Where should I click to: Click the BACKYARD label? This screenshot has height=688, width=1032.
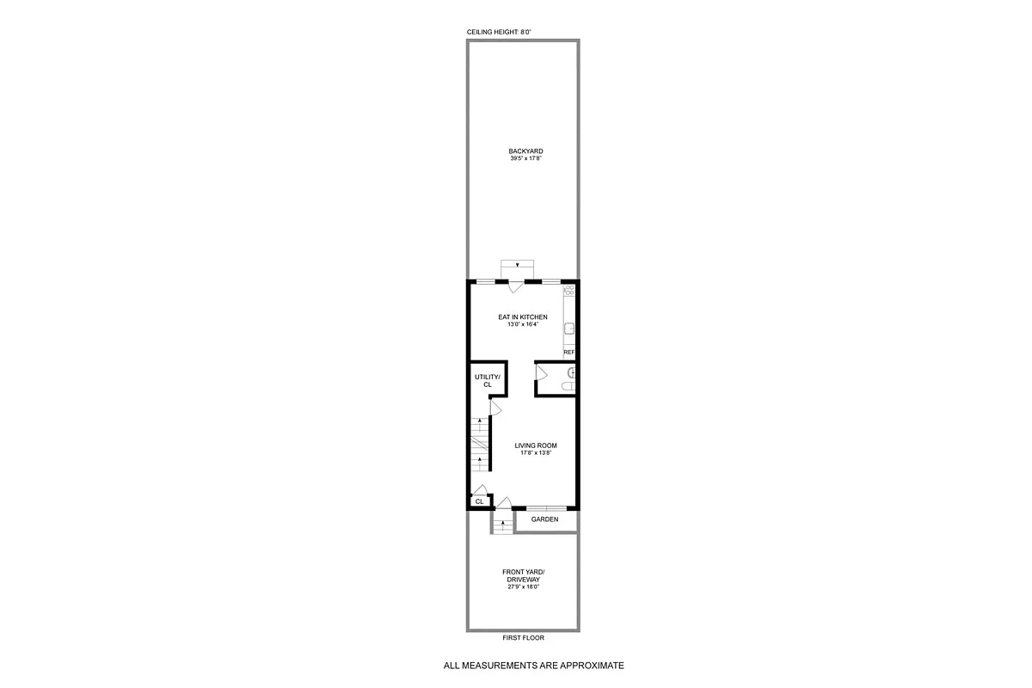tap(525, 151)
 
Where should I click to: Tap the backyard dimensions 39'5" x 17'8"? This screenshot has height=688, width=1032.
tap(525, 159)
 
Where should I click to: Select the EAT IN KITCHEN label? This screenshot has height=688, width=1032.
tap(523, 317)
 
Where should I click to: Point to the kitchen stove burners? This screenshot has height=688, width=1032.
tap(568, 292)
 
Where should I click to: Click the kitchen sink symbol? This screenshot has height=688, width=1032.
tap(568, 328)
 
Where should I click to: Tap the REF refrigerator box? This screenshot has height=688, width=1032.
tap(568, 353)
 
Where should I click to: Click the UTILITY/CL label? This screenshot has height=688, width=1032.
tap(487, 381)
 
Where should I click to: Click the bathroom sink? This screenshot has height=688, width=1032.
tap(570, 372)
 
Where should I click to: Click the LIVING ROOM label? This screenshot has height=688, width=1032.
tap(536, 445)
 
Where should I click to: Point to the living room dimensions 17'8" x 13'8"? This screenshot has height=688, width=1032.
tap(536, 453)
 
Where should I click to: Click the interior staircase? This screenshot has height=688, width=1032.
tap(478, 445)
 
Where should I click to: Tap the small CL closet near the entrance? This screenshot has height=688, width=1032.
tap(479, 501)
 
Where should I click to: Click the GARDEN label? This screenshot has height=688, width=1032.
tap(544, 519)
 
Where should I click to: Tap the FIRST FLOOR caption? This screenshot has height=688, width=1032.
tap(523, 638)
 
